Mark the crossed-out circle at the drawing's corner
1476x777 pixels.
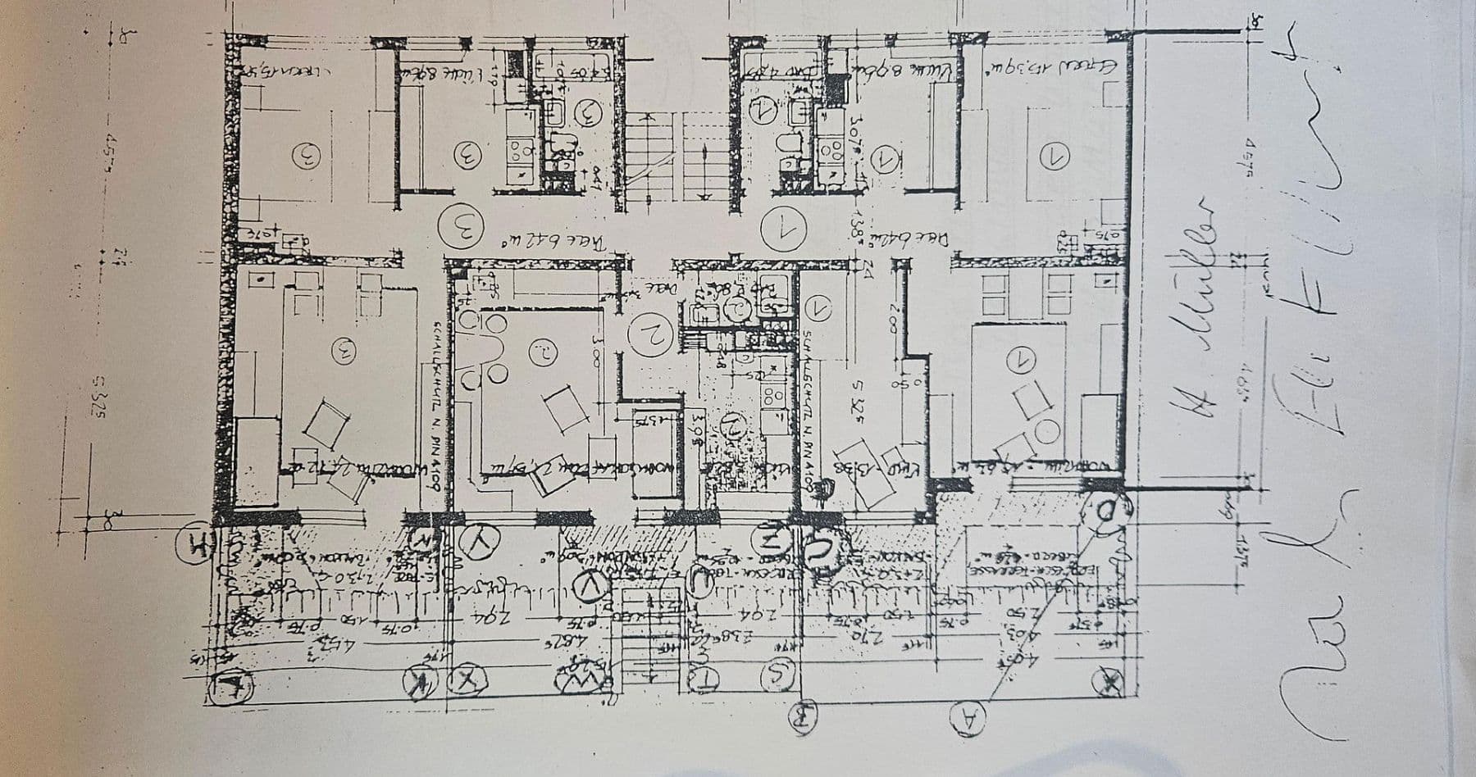pos(1109,679)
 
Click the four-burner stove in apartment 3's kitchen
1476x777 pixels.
pos(520,152)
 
